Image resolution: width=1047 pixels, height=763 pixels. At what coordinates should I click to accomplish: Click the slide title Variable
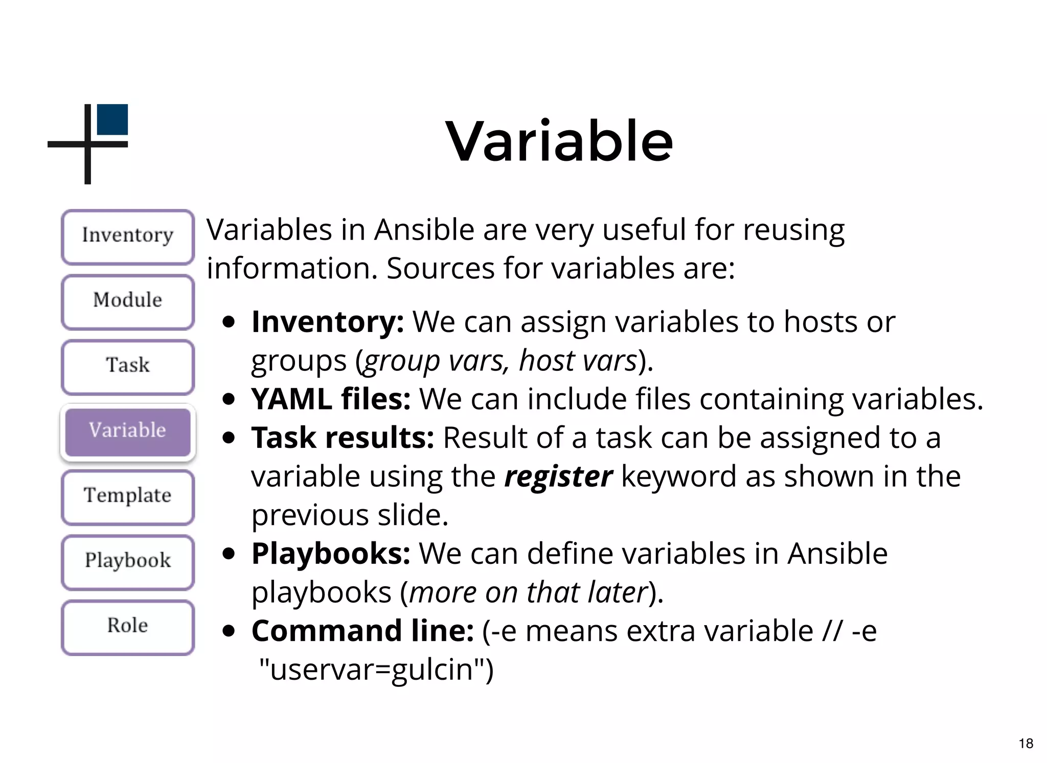559,141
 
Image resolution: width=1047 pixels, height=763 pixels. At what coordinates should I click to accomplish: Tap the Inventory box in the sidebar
128,236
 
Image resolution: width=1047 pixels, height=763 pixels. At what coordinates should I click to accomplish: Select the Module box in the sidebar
128,301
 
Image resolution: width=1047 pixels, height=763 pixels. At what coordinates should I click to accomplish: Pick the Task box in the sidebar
128,366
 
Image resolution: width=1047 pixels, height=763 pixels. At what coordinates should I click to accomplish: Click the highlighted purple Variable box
128,431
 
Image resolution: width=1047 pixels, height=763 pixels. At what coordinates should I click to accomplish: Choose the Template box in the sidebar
128,496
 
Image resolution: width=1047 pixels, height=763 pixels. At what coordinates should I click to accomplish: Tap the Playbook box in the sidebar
128,561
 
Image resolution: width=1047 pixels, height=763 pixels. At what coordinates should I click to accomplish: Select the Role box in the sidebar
128,626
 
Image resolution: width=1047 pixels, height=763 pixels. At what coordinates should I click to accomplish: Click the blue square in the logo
112,120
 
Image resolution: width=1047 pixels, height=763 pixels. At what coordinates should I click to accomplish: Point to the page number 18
1026,744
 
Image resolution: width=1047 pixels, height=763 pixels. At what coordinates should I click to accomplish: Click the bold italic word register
558,476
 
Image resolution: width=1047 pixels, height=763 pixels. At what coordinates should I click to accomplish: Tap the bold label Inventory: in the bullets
327,322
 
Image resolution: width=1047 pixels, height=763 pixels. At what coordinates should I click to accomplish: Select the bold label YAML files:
330,399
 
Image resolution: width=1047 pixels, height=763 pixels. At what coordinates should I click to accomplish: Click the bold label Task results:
342,438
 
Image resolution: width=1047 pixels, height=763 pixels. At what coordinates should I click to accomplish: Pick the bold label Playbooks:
330,554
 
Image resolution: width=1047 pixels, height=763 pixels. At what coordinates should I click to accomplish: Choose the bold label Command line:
362,631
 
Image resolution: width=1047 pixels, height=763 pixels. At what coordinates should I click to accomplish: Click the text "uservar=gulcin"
376,670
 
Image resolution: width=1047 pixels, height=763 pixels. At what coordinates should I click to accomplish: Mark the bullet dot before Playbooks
229,554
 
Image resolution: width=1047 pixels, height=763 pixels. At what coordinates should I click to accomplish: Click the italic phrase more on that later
529,592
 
